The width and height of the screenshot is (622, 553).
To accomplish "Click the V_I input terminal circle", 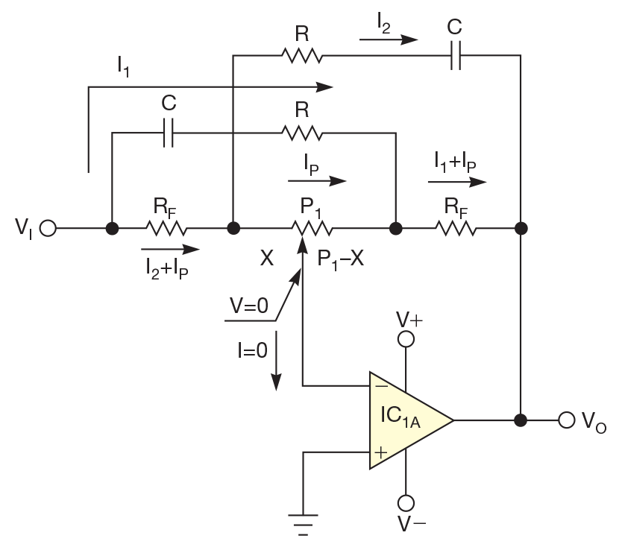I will (48, 228).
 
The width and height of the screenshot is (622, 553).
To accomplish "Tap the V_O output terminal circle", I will (567, 420).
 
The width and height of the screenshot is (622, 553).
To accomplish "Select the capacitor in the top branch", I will (456, 54).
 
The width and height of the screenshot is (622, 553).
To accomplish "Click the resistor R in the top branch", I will (301, 54).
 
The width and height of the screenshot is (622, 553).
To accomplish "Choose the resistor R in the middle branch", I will (301, 133).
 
